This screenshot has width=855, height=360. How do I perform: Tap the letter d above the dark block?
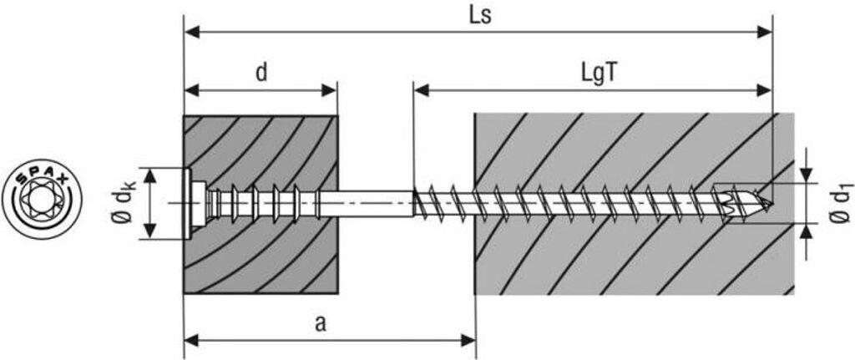[x=261, y=73]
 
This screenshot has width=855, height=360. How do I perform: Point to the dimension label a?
[x=321, y=324]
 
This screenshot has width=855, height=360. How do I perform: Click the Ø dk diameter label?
[x=125, y=204]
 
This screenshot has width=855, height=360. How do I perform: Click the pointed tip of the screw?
[x=771, y=205]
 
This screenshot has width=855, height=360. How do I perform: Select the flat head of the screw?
[x=188, y=204]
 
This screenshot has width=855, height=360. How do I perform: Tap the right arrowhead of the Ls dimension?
[x=765, y=33]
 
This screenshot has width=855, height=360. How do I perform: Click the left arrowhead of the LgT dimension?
[x=422, y=90]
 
